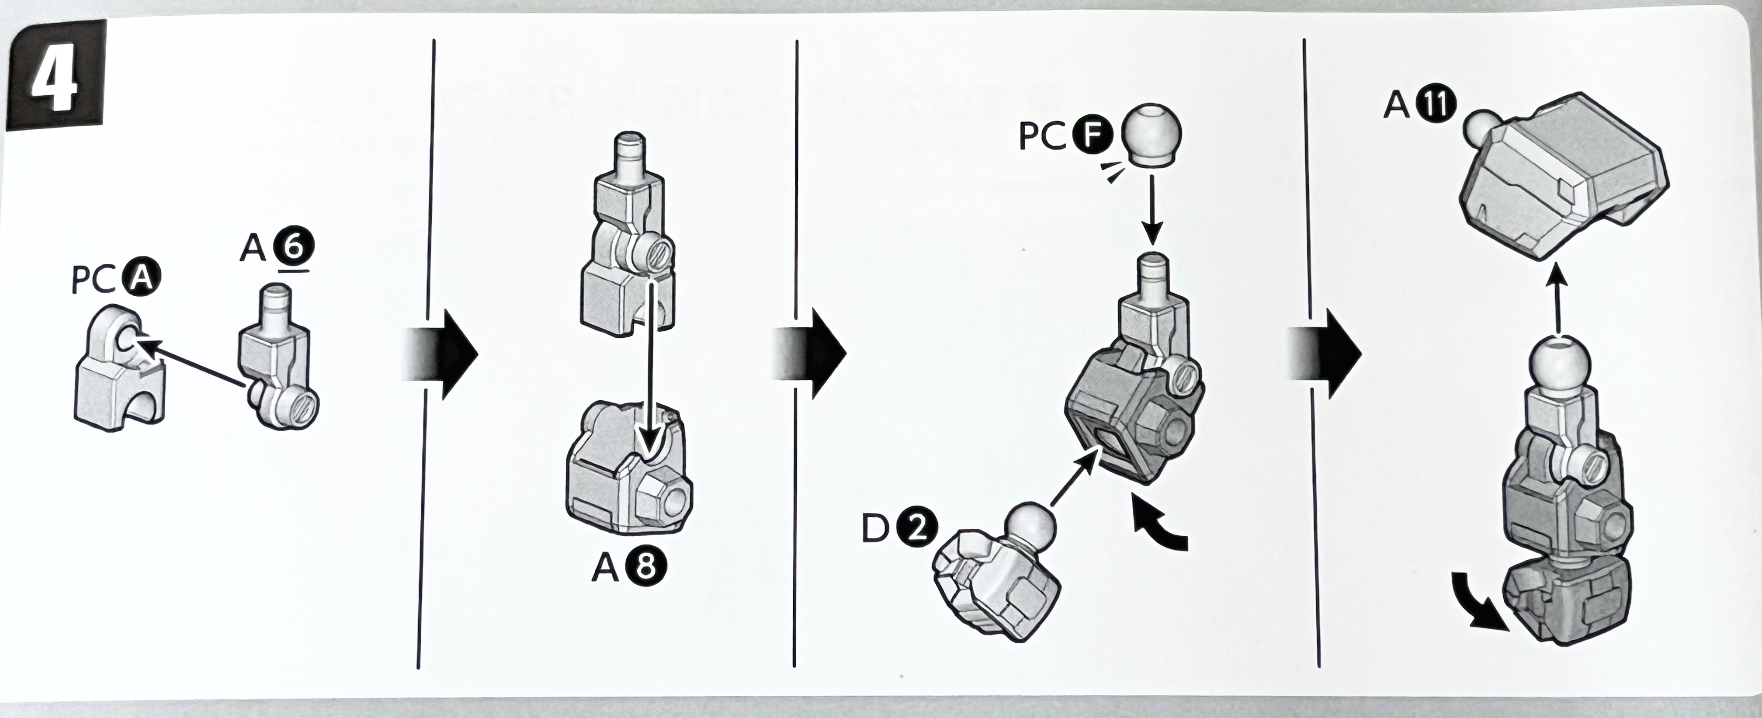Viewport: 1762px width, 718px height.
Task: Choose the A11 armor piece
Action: click(x=1566, y=184)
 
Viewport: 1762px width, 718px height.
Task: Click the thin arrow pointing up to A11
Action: click(x=1558, y=301)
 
